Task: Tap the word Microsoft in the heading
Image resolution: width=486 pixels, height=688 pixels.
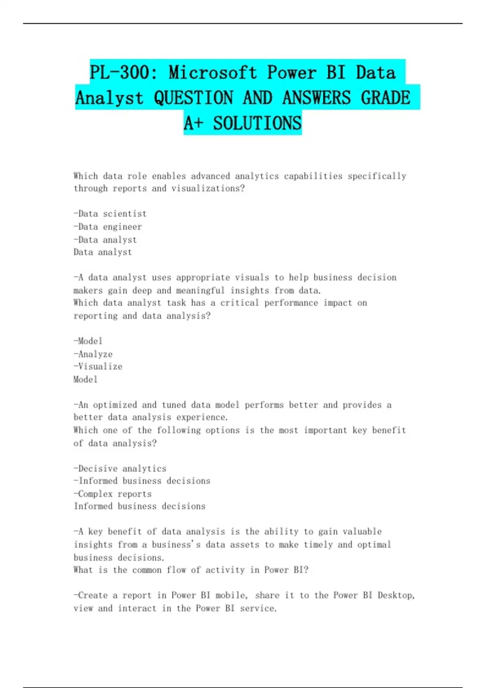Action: pos(213,73)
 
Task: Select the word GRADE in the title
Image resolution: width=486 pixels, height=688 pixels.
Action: pos(385,98)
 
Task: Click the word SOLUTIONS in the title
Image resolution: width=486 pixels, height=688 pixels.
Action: pos(257,123)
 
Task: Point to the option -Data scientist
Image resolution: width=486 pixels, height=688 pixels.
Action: pos(110,214)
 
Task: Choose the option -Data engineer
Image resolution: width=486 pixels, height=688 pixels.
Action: pos(108,227)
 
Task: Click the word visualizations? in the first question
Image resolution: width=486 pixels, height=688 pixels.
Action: pos(208,189)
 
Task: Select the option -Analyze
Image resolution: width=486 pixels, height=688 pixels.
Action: pos(93,354)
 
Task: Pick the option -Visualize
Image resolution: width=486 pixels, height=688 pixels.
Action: pos(98,367)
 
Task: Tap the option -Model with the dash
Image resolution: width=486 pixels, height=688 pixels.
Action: pos(88,341)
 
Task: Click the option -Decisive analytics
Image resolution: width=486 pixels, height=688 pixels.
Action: pos(120,469)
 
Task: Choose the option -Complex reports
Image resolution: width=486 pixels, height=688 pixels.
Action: pos(113,494)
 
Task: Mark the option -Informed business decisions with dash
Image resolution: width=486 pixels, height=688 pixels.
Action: pos(142,481)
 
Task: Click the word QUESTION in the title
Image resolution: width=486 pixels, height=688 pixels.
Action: pos(193,98)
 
